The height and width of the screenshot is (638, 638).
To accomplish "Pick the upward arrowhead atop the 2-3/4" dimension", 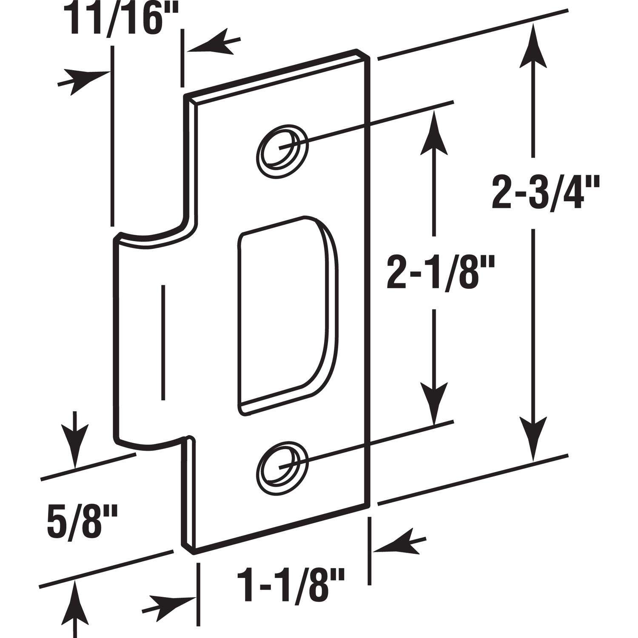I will [532, 47].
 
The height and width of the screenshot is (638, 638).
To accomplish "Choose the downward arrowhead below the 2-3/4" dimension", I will [532, 442].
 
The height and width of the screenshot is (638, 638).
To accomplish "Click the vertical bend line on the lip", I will [162, 342].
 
